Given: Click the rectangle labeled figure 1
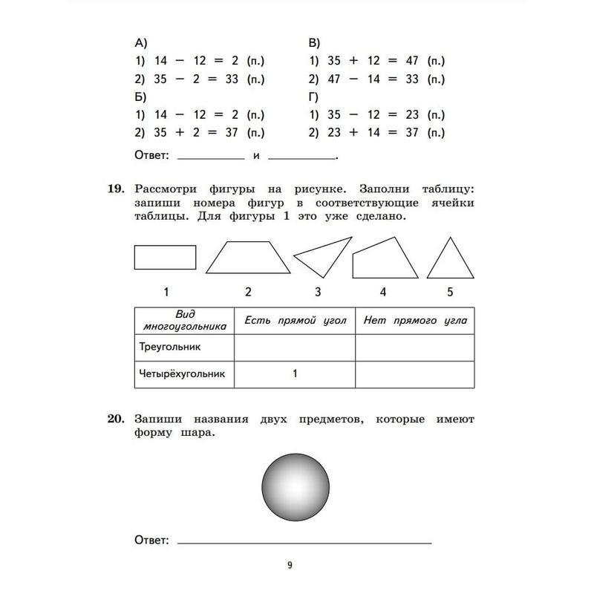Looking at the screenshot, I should pos(165,257).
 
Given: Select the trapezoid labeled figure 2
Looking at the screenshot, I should pos(247,258).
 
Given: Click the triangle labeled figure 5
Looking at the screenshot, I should pos(450,261).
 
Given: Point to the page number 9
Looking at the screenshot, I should pos(290,565).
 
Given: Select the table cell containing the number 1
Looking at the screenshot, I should pos(295,374).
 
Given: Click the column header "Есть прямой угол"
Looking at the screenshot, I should pos(296,321).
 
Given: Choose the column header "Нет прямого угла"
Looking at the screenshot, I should pos(415,321).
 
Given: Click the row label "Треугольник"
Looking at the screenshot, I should pos(170,347).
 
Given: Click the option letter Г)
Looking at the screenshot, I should pos(313,97).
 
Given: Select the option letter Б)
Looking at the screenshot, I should pos(140,97).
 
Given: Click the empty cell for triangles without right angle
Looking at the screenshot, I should pos(415,347).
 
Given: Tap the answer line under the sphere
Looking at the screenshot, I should pos(304,542).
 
